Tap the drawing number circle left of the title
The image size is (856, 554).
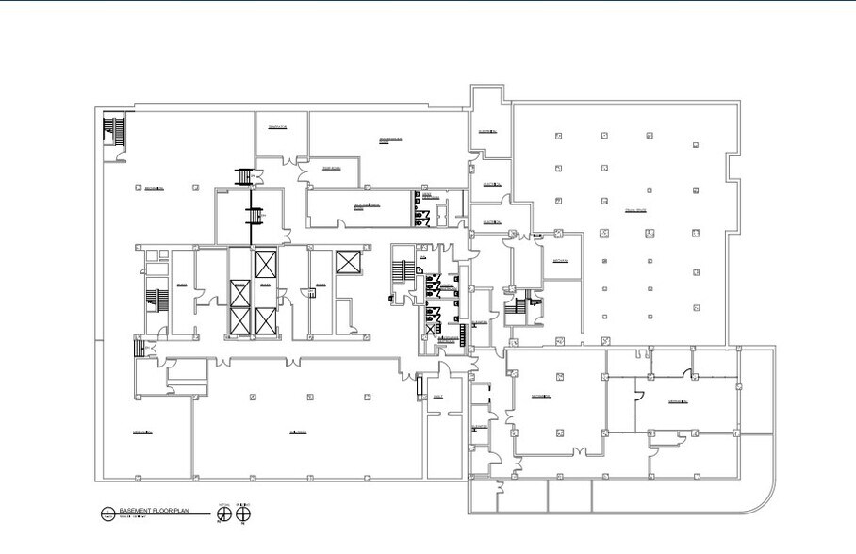click(107, 514)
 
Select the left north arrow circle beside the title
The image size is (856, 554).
click(224, 514)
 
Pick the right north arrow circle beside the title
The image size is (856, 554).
click(243, 514)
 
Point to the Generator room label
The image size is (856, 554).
click(277, 126)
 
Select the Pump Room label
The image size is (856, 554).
click(330, 169)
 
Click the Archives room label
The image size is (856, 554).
click(561, 260)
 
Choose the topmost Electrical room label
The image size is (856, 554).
click(487, 131)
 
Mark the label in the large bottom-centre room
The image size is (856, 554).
click(298, 432)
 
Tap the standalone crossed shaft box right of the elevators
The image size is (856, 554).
click(347, 262)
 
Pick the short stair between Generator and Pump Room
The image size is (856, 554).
click(247, 175)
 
